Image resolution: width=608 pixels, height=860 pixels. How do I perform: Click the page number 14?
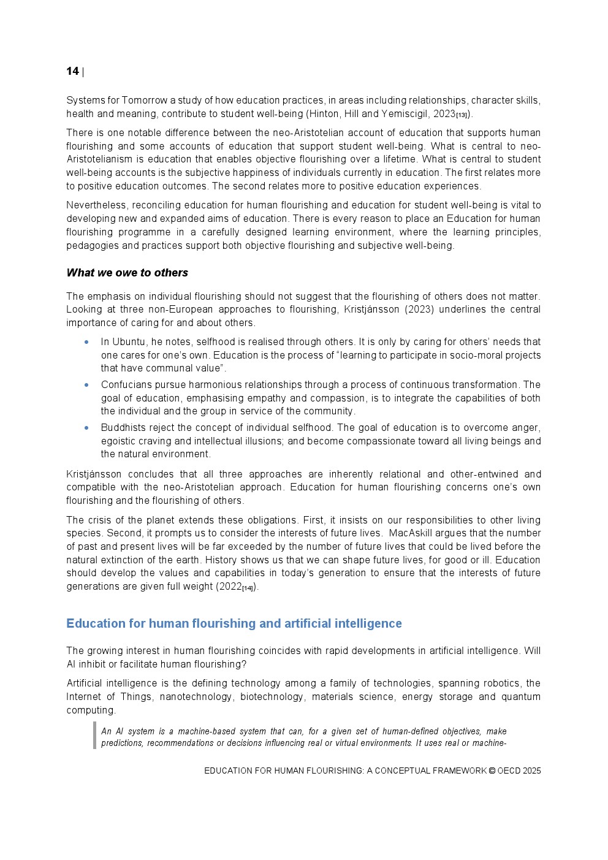(72, 72)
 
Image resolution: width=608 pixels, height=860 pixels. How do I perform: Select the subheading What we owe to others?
(127, 273)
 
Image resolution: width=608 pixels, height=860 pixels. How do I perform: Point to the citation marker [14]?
(247, 588)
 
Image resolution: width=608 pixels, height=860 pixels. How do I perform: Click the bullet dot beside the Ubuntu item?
(86, 342)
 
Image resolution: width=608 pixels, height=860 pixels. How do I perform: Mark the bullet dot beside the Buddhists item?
(86, 428)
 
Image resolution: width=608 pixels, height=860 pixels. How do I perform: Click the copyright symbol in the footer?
(492, 771)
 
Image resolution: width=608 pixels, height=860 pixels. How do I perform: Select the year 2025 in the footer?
(531, 771)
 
